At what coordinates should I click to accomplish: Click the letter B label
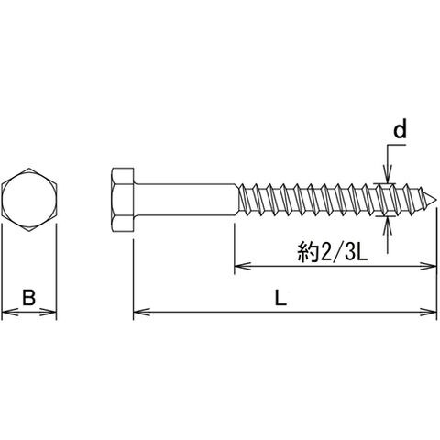[29, 297]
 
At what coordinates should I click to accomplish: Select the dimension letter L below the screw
[280, 297]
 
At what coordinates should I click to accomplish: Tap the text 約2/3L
[332, 252]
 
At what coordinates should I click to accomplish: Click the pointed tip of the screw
[434, 200]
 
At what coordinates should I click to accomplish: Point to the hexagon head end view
[29, 200]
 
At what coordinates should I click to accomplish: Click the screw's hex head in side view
[123, 200]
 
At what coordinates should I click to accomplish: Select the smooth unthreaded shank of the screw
[185, 200]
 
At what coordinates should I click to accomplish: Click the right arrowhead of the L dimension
[429, 312]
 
